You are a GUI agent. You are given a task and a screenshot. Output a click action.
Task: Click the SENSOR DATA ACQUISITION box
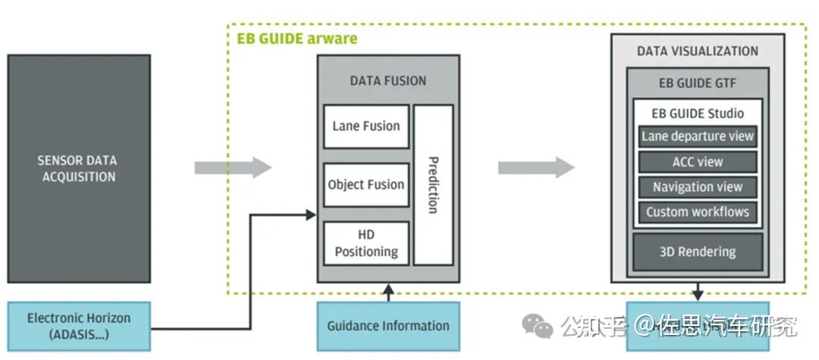78,168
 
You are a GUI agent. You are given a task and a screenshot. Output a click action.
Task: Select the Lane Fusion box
366,127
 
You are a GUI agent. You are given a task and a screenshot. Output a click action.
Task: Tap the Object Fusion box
366,185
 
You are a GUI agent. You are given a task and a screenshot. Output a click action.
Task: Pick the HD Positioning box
366,243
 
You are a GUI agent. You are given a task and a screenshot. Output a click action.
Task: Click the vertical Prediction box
434,185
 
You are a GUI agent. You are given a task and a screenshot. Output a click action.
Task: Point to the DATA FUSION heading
388,80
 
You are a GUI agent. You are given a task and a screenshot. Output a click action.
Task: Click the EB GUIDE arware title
297,38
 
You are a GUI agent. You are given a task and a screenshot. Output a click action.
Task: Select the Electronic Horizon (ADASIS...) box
79,326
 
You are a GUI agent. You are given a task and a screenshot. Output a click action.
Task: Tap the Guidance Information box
388,326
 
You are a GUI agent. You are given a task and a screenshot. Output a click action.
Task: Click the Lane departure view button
698,136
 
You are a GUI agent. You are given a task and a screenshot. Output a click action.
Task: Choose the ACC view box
698,161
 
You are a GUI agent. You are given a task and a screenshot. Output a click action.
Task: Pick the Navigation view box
698,186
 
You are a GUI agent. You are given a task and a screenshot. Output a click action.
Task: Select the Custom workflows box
698,211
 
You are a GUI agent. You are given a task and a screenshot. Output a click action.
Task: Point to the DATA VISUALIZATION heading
697,51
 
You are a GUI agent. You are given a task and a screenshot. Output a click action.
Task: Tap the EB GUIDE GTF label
697,83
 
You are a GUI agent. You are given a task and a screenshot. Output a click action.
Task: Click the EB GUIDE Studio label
698,113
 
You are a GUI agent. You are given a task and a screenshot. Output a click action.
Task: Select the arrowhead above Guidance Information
388,289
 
